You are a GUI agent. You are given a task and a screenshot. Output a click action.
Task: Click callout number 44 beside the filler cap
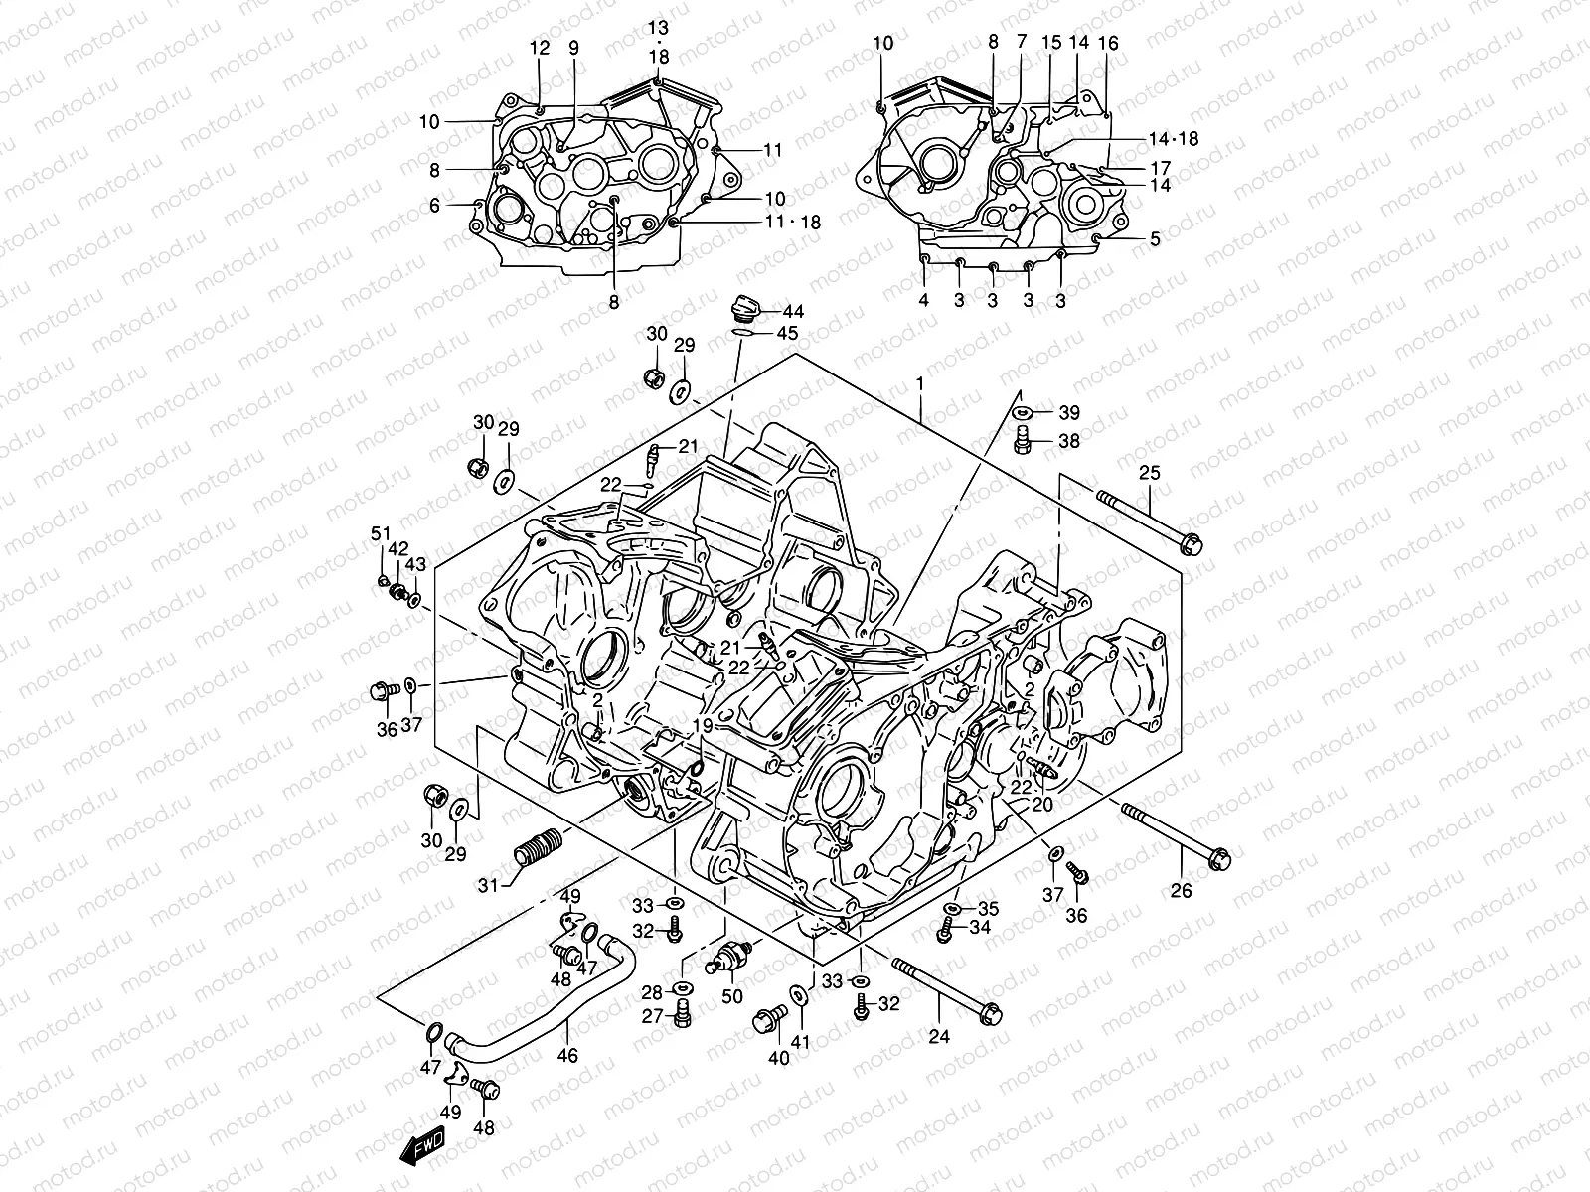792,312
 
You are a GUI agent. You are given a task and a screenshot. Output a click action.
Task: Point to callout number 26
1180,891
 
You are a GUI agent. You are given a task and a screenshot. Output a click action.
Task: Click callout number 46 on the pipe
566,1055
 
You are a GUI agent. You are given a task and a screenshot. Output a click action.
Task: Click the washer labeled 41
799,996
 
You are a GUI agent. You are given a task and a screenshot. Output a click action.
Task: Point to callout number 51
379,534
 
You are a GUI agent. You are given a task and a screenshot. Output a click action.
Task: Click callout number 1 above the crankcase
920,382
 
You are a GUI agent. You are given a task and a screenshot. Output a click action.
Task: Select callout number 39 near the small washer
1068,412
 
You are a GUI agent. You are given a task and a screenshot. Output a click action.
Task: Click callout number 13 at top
660,26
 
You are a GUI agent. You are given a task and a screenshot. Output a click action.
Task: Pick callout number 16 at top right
1108,43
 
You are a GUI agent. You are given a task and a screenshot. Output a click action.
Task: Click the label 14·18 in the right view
1173,139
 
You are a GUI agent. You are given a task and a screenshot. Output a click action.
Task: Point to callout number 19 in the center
703,727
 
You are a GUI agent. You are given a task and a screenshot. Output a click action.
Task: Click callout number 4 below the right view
923,300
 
